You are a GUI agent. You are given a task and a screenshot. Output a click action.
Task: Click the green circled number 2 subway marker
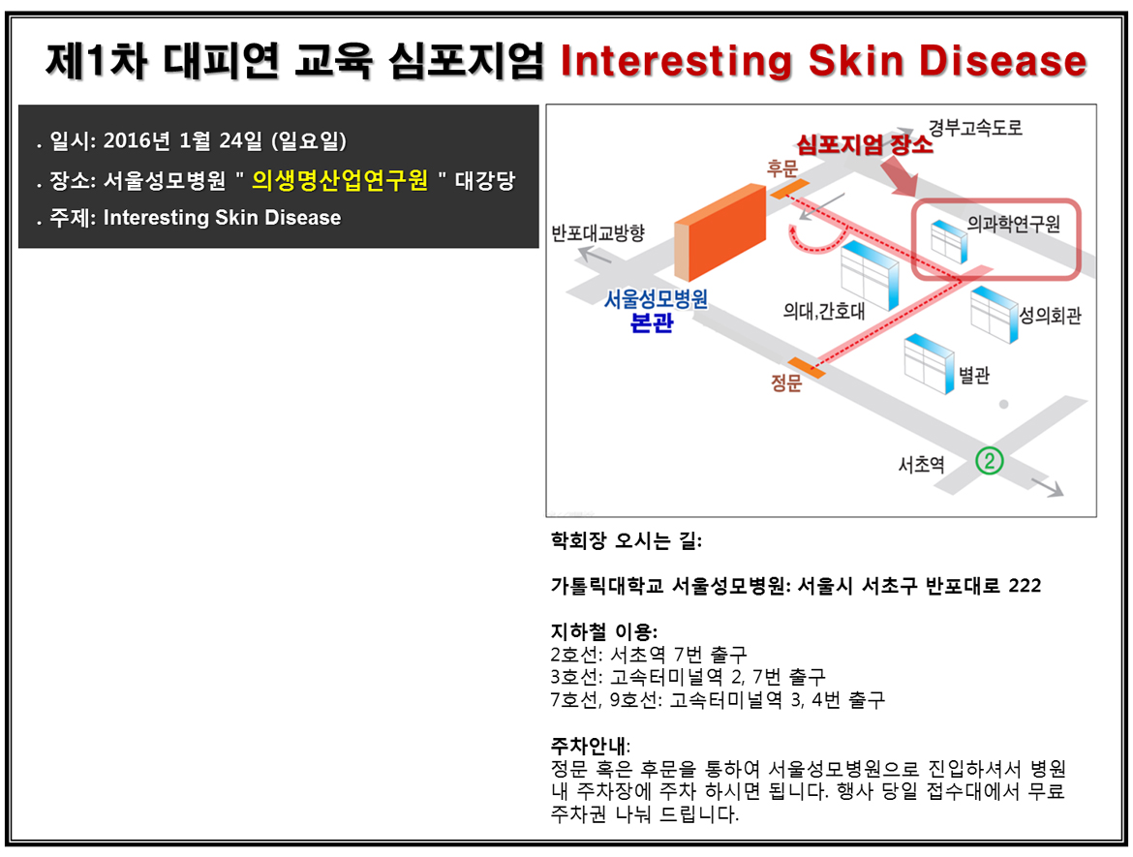(990, 460)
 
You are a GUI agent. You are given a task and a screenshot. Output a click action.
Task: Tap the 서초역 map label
(921, 464)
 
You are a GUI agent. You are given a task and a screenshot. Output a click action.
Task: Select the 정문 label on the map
(786, 383)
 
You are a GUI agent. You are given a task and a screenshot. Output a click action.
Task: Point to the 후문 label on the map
(781, 169)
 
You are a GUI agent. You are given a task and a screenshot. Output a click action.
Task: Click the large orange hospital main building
(720, 232)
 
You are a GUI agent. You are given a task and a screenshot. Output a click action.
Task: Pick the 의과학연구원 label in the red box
(1013, 224)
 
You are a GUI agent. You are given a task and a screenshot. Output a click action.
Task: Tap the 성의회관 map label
(1050, 315)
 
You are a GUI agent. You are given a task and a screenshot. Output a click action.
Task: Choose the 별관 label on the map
(974, 375)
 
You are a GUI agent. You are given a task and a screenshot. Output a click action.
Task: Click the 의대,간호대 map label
(824, 312)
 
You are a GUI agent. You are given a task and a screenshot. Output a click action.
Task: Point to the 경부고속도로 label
(975, 128)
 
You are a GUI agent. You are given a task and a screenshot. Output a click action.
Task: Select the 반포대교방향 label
(597, 232)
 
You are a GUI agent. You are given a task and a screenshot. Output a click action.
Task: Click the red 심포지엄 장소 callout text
(864, 144)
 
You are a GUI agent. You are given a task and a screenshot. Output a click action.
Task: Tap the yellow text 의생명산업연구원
(340, 180)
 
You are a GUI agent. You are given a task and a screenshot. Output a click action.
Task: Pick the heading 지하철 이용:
(604, 631)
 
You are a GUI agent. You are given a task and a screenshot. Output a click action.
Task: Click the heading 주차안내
(590, 745)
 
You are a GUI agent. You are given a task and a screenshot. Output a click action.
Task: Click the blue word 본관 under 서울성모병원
(652, 322)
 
